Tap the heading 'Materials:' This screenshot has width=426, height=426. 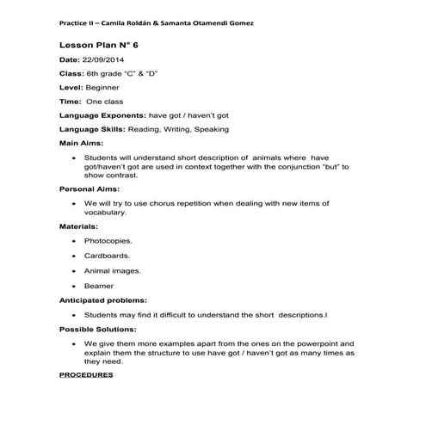(78, 225)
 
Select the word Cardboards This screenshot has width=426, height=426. (107, 256)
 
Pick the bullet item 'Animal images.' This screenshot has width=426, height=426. (113, 270)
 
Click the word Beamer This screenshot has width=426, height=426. (98, 285)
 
